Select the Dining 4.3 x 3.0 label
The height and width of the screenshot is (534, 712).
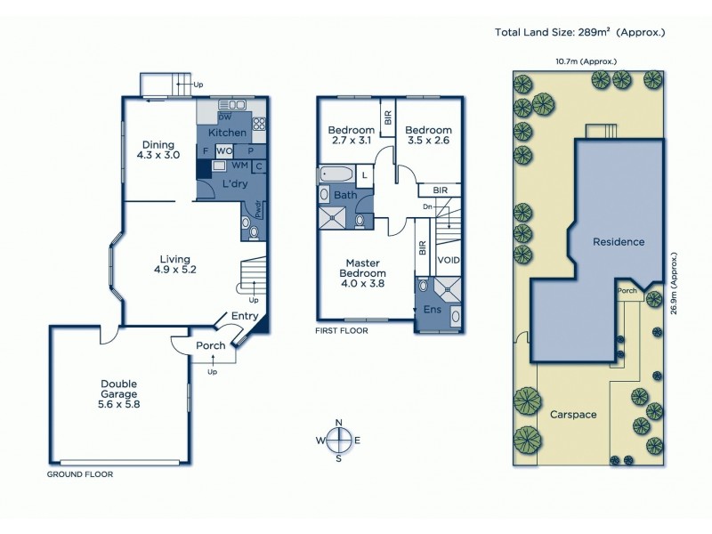point(158,149)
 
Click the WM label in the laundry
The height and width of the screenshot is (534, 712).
point(239,166)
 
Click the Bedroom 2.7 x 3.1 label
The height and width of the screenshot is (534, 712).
point(350,135)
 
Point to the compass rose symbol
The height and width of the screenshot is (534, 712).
point(338,440)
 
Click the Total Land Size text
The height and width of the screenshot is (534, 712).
point(580,33)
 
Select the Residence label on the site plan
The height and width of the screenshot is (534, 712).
point(619,241)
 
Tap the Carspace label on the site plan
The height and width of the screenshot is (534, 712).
point(572,415)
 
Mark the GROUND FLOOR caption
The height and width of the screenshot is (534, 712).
point(79,474)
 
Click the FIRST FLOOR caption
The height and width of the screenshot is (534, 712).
point(341,330)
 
